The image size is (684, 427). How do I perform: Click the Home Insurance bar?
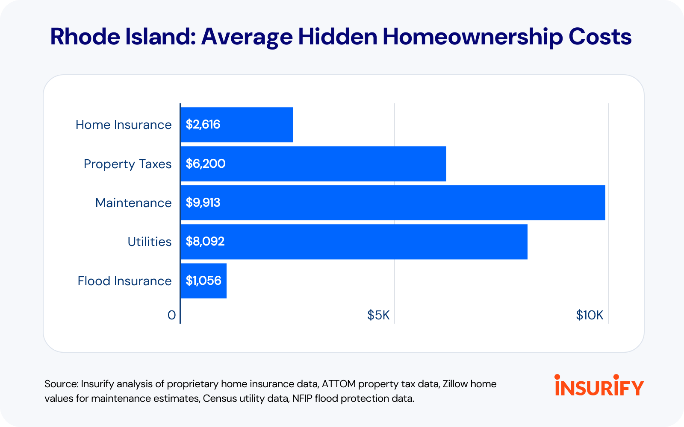click(237, 125)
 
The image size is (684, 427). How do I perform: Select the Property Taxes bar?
click(314, 164)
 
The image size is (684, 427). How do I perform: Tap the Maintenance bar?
click(393, 203)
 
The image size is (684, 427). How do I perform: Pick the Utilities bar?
click(354, 242)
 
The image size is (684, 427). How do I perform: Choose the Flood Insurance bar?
click(204, 281)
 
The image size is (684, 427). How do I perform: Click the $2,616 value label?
click(203, 124)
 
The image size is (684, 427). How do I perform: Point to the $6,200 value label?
click(206, 164)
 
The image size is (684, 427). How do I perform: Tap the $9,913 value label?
click(203, 202)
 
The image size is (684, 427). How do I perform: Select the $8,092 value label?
click(205, 242)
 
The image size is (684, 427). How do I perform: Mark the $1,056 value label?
click(203, 281)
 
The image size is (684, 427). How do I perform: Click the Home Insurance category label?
click(124, 125)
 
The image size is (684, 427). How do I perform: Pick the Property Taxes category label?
click(128, 164)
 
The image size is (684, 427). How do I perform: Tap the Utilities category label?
click(150, 242)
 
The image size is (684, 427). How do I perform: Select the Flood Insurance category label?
click(124, 281)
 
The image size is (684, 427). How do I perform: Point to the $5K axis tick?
click(378, 315)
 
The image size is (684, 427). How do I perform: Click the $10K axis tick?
click(590, 315)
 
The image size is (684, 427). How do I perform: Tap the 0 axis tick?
click(171, 316)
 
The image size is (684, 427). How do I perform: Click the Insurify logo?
click(599, 385)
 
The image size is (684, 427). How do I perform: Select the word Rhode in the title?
click(85, 37)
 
